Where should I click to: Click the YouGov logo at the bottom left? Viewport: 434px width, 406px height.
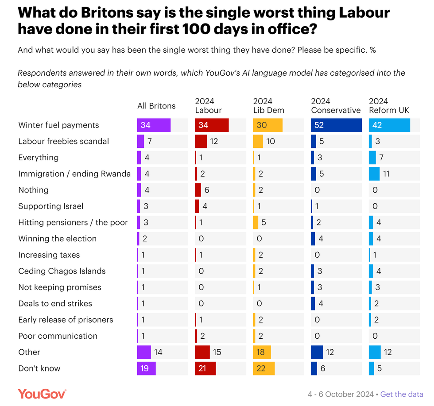(42, 394)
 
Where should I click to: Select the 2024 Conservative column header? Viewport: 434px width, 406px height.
(336, 106)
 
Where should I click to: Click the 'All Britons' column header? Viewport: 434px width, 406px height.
(156, 106)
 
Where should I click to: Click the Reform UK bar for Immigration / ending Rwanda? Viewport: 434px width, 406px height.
(374, 174)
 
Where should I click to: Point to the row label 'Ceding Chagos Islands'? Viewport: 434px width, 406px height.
(62, 271)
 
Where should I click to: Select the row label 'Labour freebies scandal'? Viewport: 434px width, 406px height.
(64, 142)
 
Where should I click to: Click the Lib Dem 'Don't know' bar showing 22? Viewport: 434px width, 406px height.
(264, 368)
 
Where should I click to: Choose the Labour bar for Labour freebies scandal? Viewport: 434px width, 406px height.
(201, 142)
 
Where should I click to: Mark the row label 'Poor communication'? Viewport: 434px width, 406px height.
(58, 336)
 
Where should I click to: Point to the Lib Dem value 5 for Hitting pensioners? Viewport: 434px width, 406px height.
(264, 223)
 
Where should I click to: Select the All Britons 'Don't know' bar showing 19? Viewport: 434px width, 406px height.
(147, 368)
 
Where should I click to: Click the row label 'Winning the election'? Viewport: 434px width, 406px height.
(58, 239)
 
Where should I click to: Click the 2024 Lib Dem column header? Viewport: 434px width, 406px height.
(269, 106)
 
